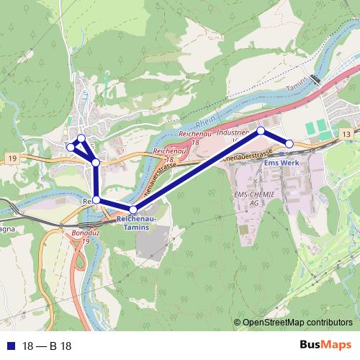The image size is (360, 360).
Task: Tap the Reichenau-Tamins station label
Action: [133, 222]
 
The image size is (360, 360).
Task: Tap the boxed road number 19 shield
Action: [14, 158]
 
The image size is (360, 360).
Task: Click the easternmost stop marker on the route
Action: [289, 144]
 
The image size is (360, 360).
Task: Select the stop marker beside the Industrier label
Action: [261, 131]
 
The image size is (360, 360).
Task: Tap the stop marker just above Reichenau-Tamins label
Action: [133, 209]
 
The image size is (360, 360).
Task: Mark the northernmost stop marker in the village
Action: [81, 138]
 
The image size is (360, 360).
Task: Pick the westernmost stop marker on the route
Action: [71, 146]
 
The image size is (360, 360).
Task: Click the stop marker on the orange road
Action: [96, 163]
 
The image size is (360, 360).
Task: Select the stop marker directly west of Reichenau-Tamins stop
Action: [96, 200]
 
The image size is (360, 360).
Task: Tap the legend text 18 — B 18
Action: [47, 346]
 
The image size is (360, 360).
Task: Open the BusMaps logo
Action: [325, 345]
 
